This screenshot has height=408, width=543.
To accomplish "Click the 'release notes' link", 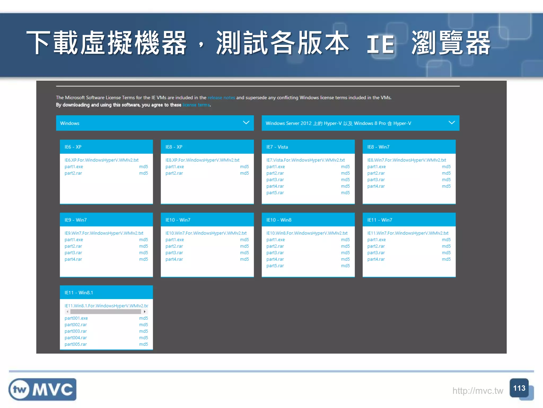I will pyautogui.click(x=221, y=98).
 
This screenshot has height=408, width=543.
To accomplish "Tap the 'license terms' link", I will pyautogui.click(x=196, y=105).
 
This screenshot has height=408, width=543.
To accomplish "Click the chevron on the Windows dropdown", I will pyautogui.click(x=246, y=123).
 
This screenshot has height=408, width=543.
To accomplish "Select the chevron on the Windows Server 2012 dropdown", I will pyautogui.click(x=452, y=123).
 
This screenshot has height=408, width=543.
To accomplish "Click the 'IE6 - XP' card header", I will pyautogui.click(x=106, y=147).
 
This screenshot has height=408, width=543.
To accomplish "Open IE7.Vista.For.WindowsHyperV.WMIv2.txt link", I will pyautogui.click(x=305, y=160).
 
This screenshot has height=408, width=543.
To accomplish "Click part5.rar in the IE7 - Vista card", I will pyautogui.click(x=275, y=193).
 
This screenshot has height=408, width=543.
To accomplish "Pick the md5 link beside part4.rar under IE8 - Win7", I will pyautogui.click(x=446, y=186).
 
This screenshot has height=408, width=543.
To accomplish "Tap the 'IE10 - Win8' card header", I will pyautogui.click(x=308, y=220).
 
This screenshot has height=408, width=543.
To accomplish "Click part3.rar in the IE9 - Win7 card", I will pyautogui.click(x=73, y=253).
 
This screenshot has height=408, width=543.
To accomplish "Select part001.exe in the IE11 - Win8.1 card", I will pyautogui.click(x=76, y=318).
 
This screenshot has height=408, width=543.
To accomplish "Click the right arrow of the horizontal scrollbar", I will pyautogui.click(x=144, y=312).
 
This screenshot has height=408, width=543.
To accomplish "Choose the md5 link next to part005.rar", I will pyautogui.click(x=143, y=344).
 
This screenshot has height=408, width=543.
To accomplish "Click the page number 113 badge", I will pyautogui.click(x=519, y=388).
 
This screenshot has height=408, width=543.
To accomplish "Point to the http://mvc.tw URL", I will pyautogui.click(x=478, y=391).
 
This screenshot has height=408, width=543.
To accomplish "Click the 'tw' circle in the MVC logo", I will pyautogui.click(x=20, y=390).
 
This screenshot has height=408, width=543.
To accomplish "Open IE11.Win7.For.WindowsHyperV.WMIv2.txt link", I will pyautogui.click(x=408, y=233).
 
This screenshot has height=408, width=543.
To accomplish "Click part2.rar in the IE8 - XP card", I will pyautogui.click(x=174, y=173).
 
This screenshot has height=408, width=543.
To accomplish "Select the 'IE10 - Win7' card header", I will pyautogui.click(x=207, y=220).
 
